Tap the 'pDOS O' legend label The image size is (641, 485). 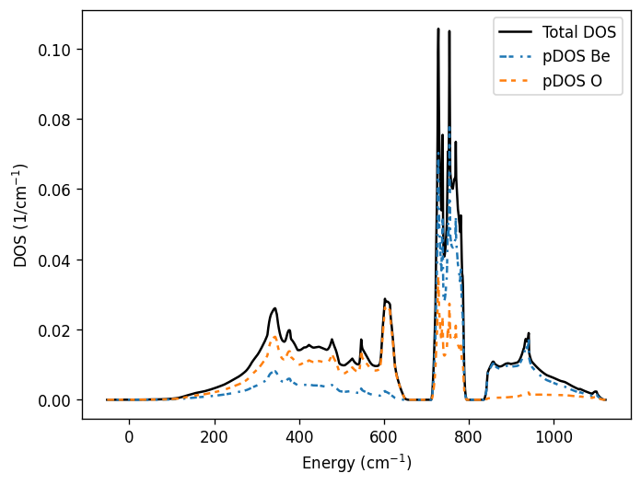[x=572, y=82]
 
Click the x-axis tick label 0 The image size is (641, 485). [x=129, y=436]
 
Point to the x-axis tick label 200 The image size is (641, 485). [x=214, y=436]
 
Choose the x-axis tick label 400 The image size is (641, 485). [x=298, y=436]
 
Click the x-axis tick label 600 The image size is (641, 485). [x=384, y=436]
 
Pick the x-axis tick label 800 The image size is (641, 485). [x=469, y=436]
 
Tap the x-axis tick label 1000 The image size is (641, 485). [x=554, y=436]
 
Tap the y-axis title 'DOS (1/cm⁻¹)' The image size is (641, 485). [x=20, y=215]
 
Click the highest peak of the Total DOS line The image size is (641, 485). [x=438, y=29]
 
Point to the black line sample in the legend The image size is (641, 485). [x=516, y=32]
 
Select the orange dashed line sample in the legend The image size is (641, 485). [x=516, y=82]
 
